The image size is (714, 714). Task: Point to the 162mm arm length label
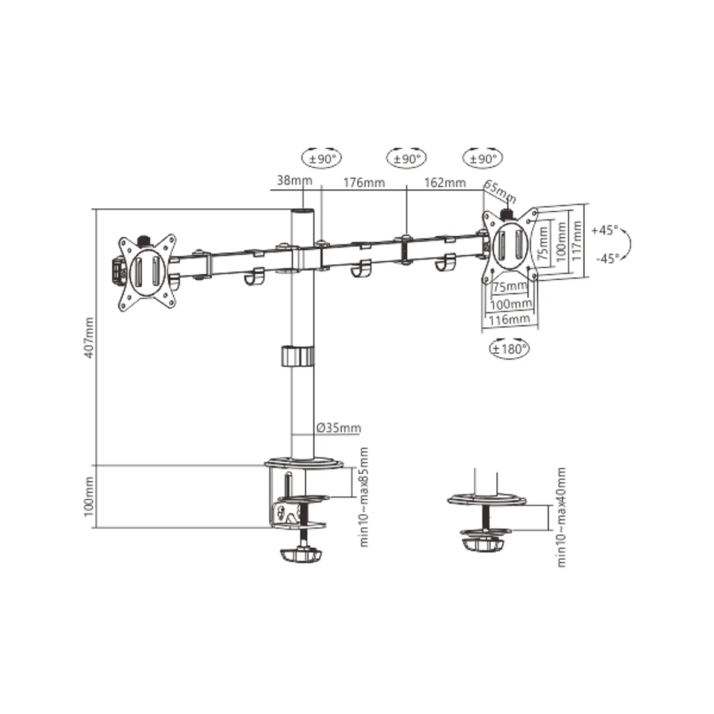[x=444, y=182]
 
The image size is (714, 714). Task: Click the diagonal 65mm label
[x=500, y=192]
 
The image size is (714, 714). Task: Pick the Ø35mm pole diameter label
[x=338, y=428]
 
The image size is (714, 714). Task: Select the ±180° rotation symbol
[x=509, y=349]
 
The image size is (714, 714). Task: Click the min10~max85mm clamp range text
[x=364, y=497]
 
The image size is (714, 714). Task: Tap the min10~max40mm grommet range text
[x=560, y=516]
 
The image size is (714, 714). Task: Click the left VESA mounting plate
[x=148, y=271]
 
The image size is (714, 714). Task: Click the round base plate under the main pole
[x=305, y=462]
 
